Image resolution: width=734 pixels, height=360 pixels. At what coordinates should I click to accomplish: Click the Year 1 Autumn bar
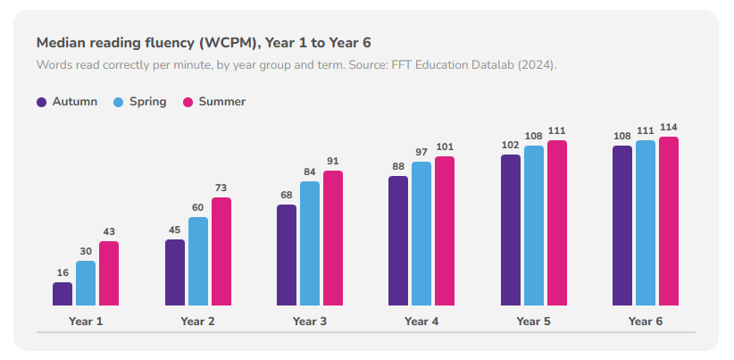(63, 294)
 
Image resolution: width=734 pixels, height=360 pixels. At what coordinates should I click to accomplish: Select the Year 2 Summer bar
(221, 251)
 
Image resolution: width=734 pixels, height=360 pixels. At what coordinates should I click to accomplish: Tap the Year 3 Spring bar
(310, 244)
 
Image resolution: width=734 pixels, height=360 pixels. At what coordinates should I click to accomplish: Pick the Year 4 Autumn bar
(398, 240)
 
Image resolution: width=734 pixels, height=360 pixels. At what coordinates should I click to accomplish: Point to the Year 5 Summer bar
(557, 222)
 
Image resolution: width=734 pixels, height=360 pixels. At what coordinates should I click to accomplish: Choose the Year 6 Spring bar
(646, 222)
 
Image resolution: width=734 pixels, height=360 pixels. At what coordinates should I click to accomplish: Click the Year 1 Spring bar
(86, 283)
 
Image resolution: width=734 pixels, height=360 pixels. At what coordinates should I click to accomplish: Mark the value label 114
(669, 128)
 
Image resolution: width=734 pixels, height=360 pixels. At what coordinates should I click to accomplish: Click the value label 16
(63, 273)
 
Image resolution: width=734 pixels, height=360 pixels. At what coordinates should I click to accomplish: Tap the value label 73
(221, 188)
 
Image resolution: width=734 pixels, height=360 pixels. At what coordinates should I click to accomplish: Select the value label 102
(511, 145)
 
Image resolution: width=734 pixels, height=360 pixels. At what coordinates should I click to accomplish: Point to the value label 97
(421, 152)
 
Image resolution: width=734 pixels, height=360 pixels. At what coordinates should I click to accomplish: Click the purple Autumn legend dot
(42, 102)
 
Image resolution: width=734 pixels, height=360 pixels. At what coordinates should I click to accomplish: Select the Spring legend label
(148, 102)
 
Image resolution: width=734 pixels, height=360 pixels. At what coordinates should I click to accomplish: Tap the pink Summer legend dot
(188, 102)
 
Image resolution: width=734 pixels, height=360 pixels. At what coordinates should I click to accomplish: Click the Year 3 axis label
(310, 322)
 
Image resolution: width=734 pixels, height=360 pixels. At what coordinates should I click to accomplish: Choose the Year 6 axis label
(646, 322)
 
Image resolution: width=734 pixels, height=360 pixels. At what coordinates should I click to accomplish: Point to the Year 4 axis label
(421, 322)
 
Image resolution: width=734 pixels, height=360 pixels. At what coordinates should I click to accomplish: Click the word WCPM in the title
(229, 43)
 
